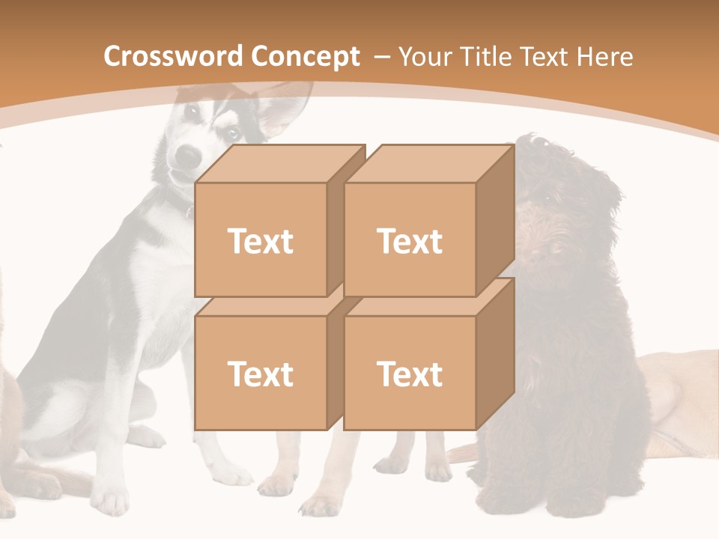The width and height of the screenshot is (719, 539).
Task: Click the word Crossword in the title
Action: pyautogui.click(x=174, y=57)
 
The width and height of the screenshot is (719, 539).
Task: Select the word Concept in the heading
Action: pyautogui.click(x=305, y=57)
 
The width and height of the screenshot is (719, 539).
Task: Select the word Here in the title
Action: pyautogui.click(x=606, y=57)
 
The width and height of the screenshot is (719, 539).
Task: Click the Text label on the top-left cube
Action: pyautogui.click(x=260, y=241)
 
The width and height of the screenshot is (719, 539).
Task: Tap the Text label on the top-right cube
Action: pyautogui.click(x=410, y=241)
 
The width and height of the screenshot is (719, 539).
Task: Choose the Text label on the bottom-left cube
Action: pyautogui.click(x=260, y=374)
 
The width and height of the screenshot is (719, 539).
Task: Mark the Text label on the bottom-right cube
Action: pyautogui.click(x=410, y=374)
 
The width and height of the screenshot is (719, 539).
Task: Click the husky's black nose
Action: pyautogui.click(x=188, y=156)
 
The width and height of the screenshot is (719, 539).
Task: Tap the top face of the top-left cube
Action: pyautogui.click(x=281, y=163)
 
